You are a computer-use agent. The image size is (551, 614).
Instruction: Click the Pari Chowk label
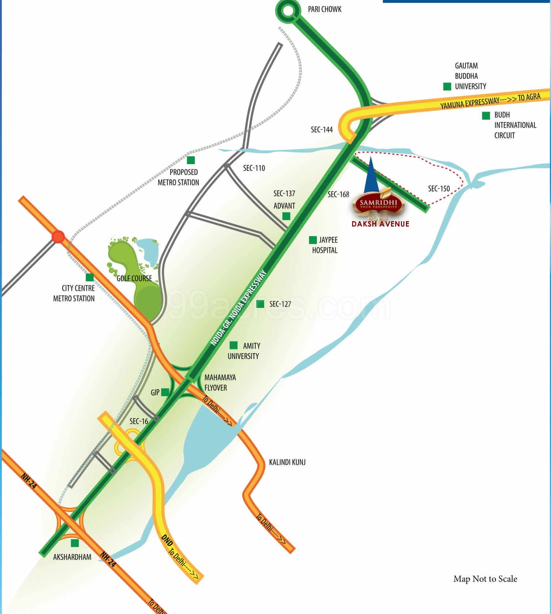[324, 9]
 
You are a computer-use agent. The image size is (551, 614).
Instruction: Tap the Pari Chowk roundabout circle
[288, 11]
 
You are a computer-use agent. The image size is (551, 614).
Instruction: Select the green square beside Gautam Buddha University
[447, 86]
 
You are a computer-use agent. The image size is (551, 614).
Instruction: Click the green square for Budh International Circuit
[486, 116]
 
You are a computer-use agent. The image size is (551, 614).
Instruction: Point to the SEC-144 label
[322, 130]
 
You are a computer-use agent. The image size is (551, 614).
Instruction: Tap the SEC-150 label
[439, 189]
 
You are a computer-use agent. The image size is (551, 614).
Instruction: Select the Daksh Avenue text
[380, 224]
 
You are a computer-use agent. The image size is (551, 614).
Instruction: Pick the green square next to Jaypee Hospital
[313, 240]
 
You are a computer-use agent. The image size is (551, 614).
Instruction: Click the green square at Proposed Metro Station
[191, 160]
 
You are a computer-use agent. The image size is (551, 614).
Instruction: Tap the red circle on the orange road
[58, 237]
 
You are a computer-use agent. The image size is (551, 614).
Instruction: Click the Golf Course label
[134, 278]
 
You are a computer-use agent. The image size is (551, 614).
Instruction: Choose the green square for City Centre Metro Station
[90, 278]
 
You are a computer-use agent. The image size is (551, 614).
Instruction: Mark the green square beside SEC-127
[260, 304]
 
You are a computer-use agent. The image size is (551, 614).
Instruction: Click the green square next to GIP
[165, 392]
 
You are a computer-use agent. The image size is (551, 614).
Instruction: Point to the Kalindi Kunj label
[287, 462]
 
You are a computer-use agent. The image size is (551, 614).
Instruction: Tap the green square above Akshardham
[75, 543]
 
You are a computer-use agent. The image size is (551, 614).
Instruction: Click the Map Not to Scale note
[485, 579]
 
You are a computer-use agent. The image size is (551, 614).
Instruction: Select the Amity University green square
[233, 345]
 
